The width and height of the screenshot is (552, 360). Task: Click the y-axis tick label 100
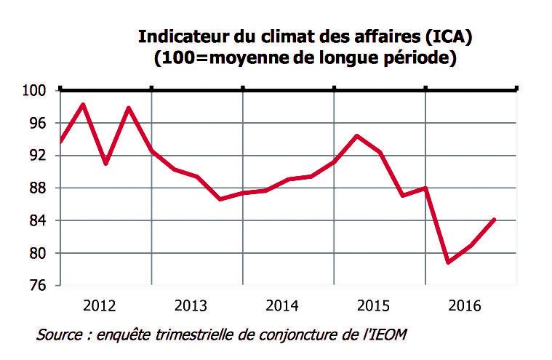click(x=36, y=91)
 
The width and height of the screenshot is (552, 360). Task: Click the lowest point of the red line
click(x=448, y=262)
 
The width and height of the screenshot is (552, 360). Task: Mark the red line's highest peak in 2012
click(x=83, y=105)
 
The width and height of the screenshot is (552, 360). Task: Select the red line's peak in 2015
click(x=356, y=136)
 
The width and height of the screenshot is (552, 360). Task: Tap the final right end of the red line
click(x=495, y=219)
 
